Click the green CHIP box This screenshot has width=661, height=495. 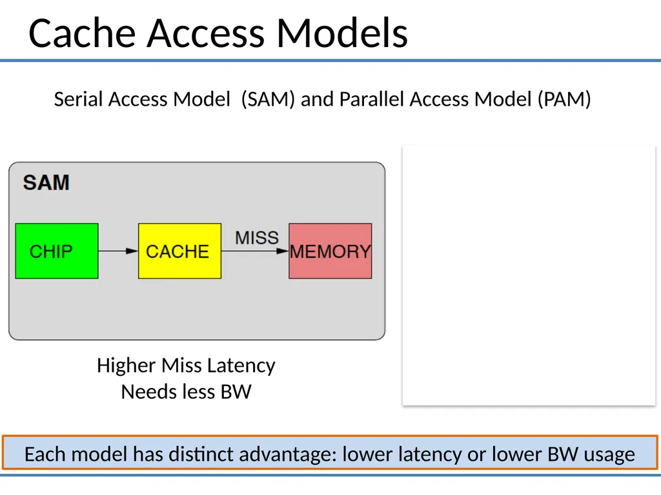(57, 251)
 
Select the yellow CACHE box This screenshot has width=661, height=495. (179, 251)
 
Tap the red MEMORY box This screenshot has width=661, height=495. (330, 251)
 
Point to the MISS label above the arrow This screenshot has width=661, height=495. (257, 238)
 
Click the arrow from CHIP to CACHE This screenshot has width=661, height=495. (119, 251)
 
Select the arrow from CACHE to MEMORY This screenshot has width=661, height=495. (255, 251)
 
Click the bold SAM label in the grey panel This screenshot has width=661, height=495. (46, 182)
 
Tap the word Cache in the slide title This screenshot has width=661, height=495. (82, 33)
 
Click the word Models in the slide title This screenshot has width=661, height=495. (342, 33)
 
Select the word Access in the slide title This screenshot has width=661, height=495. (206, 33)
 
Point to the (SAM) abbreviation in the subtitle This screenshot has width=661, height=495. (268, 99)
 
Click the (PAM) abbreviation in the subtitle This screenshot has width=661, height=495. (564, 99)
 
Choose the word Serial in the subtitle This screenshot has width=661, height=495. (78, 99)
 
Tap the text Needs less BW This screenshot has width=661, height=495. (186, 392)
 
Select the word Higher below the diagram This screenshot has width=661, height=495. (127, 365)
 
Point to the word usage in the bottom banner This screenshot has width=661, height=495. (609, 455)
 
